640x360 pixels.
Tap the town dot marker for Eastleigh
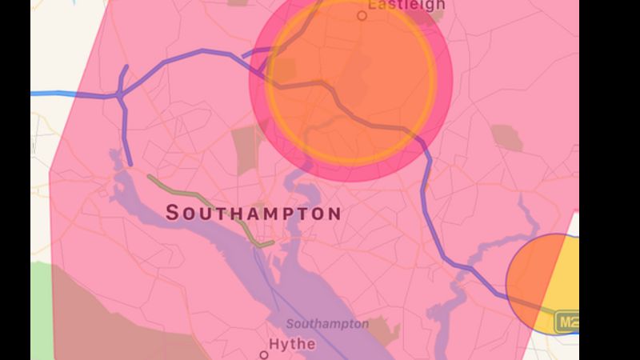(362, 15)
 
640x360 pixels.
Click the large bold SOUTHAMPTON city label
(253, 214)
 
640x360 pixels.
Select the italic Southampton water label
(327, 324)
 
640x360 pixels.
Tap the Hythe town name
(292, 345)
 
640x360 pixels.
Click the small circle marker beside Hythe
(264, 354)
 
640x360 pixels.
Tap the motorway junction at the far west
(119, 94)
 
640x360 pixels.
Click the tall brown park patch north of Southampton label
(248, 150)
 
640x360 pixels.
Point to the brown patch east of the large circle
(506, 138)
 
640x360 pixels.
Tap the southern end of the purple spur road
(130, 163)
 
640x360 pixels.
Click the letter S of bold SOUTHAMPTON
(173, 213)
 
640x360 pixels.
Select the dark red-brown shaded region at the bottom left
(104, 320)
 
